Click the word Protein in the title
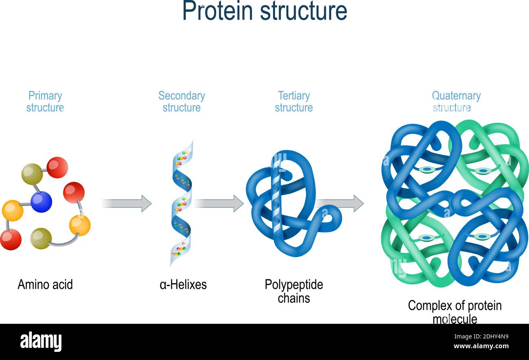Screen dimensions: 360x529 (x=218, y=11)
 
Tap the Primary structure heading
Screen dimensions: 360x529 (x=45, y=102)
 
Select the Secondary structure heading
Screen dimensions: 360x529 (x=181, y=102)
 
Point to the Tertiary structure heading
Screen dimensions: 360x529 (x=294, y=102)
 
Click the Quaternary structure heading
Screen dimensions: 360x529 (x=456, y=102)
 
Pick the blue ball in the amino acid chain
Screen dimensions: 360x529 (x=41, y=202)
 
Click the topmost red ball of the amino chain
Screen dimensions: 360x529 (x=57, y=167)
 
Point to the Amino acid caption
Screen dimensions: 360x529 (x=45, y=284)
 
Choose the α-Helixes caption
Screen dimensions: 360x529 (x=183, y=284)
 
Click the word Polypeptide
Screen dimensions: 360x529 (x=294, y=284)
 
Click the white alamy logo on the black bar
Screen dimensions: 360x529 (x=41, y=341)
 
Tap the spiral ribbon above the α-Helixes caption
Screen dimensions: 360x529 (x=181, y=203)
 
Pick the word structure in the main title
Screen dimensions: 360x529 (x=304, y=11)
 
